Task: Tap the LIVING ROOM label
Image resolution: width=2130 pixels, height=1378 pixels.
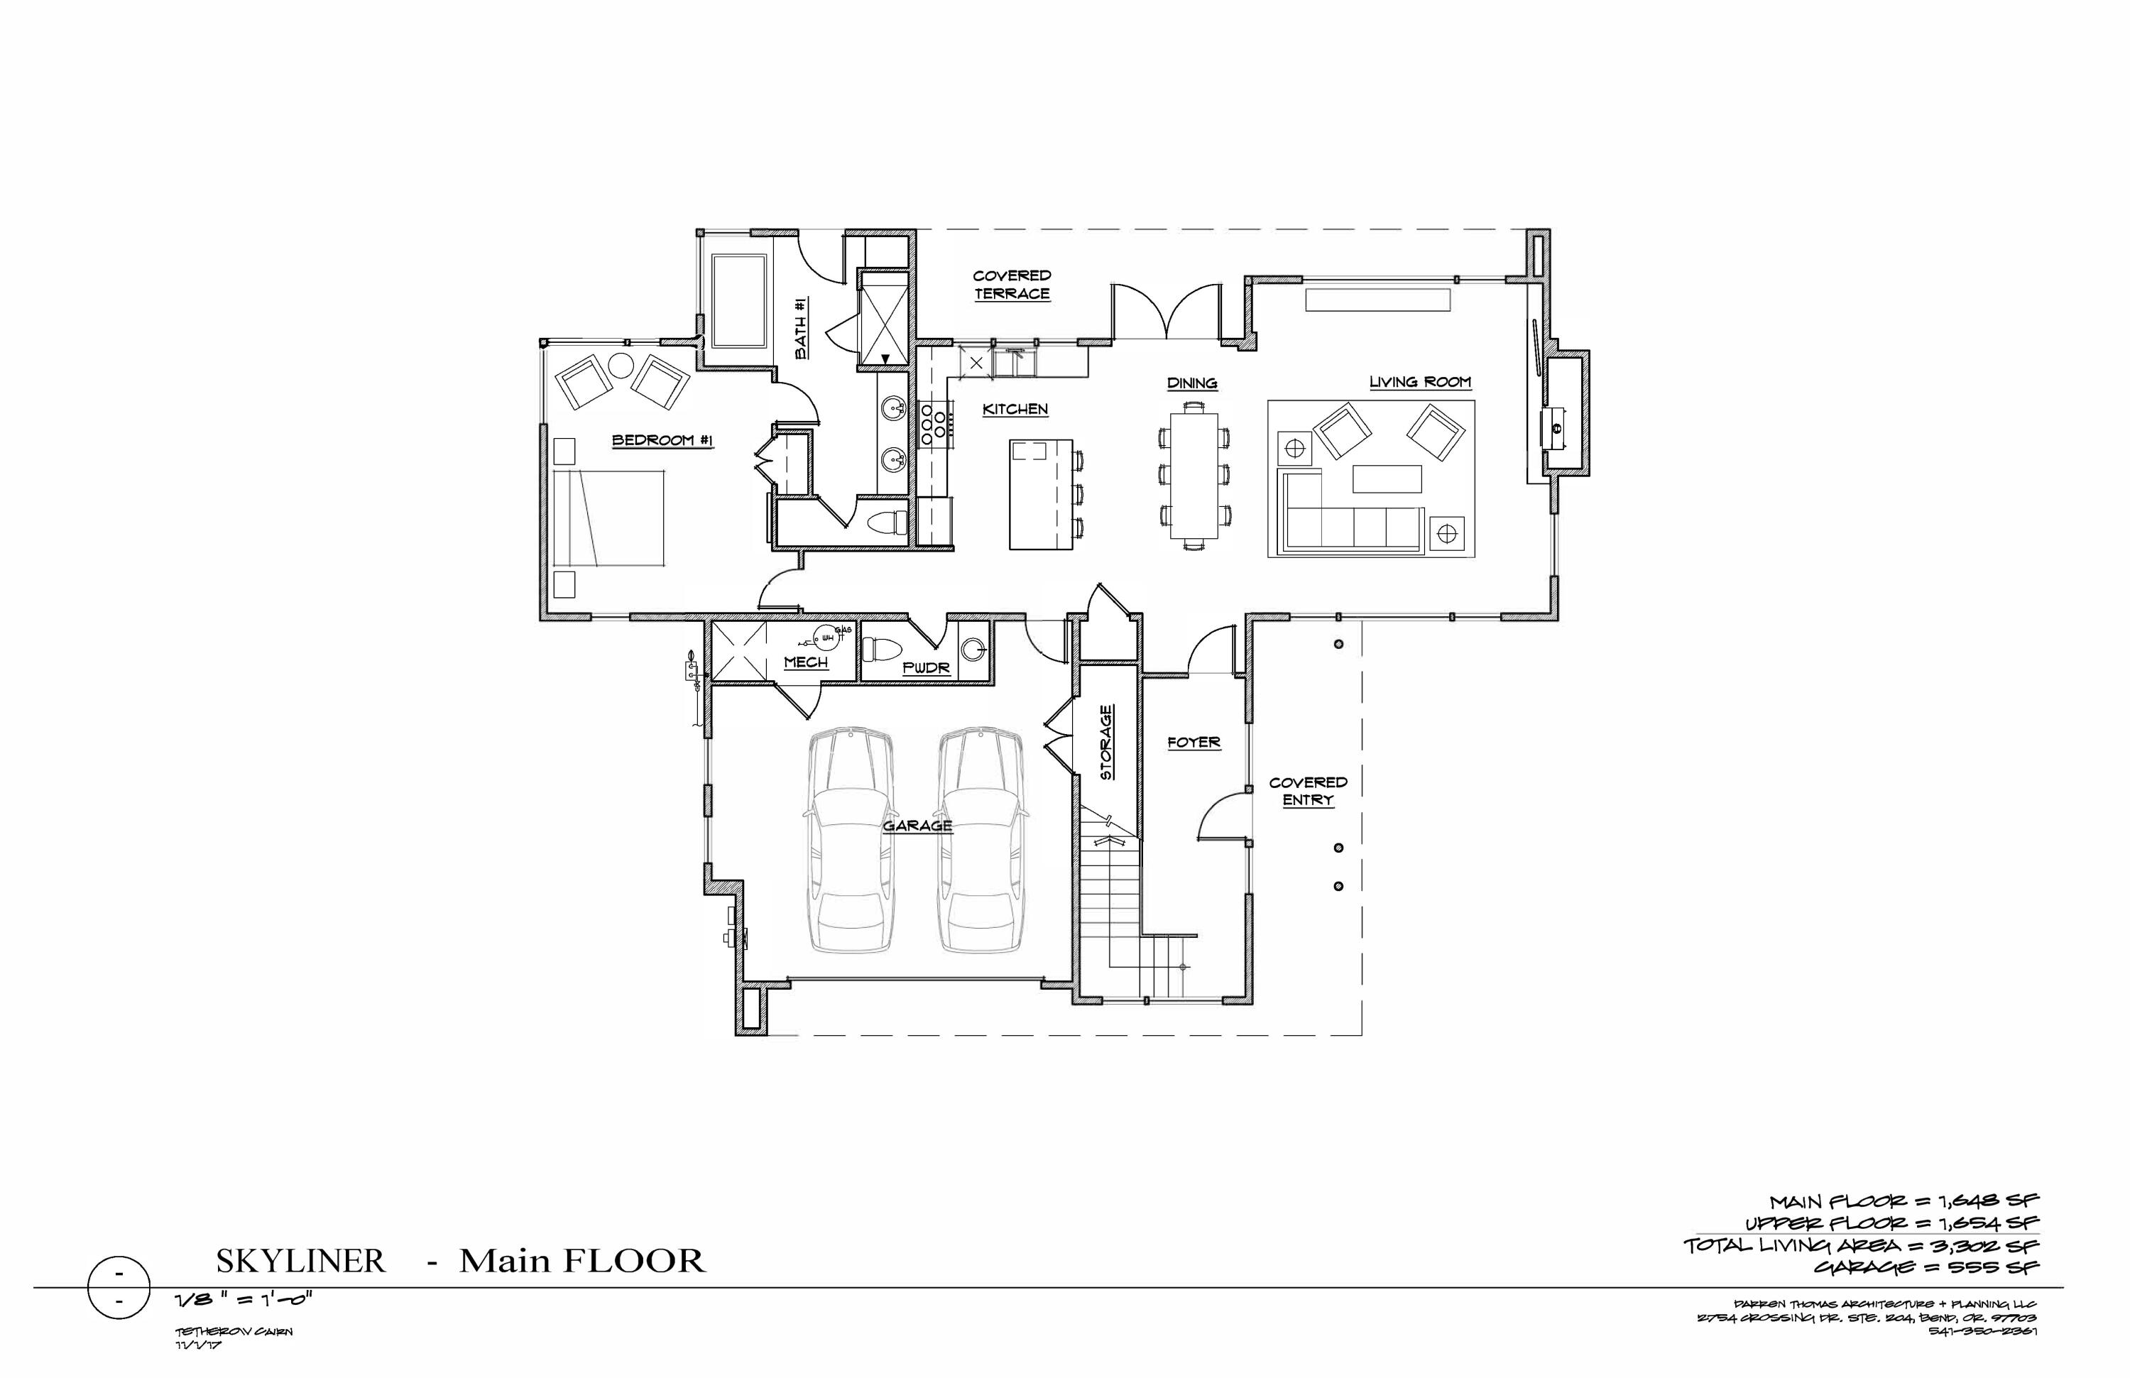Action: (1419, 382)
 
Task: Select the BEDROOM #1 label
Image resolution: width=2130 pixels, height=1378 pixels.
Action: (662, 440)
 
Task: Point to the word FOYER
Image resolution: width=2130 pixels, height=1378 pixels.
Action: (1194, 742)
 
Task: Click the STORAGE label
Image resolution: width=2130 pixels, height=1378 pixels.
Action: (1107, 743)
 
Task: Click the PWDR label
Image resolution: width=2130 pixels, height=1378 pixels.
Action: (925, 667)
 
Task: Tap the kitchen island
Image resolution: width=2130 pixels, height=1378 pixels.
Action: (1040, 494)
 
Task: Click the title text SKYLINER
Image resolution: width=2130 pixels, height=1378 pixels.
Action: (301, 1262)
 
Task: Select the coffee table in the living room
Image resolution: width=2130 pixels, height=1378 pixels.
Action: (1387, 479)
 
